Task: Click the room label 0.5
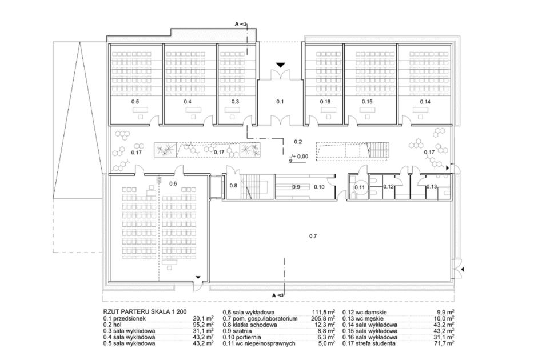[x=135, y=102]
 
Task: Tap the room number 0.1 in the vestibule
[x=280, y=102]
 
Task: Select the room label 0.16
[x=325, y=102]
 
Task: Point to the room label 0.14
[x=425, y=102]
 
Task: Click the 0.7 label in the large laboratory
[x=313, y=237]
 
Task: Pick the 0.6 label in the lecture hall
[x=173, y=183]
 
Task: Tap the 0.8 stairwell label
[x=233, y=186]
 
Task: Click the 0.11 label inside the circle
[x=360, y=187]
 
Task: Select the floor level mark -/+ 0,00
[x=299, y=157]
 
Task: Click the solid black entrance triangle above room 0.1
[x=281, y=65]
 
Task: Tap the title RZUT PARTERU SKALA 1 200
[x=145, y=313]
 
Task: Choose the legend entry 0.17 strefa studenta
[x=369, y=343]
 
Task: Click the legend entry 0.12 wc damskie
[x=365, y=313]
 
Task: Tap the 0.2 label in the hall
[x=298, y=142]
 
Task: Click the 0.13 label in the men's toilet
[x=432, y=186]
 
